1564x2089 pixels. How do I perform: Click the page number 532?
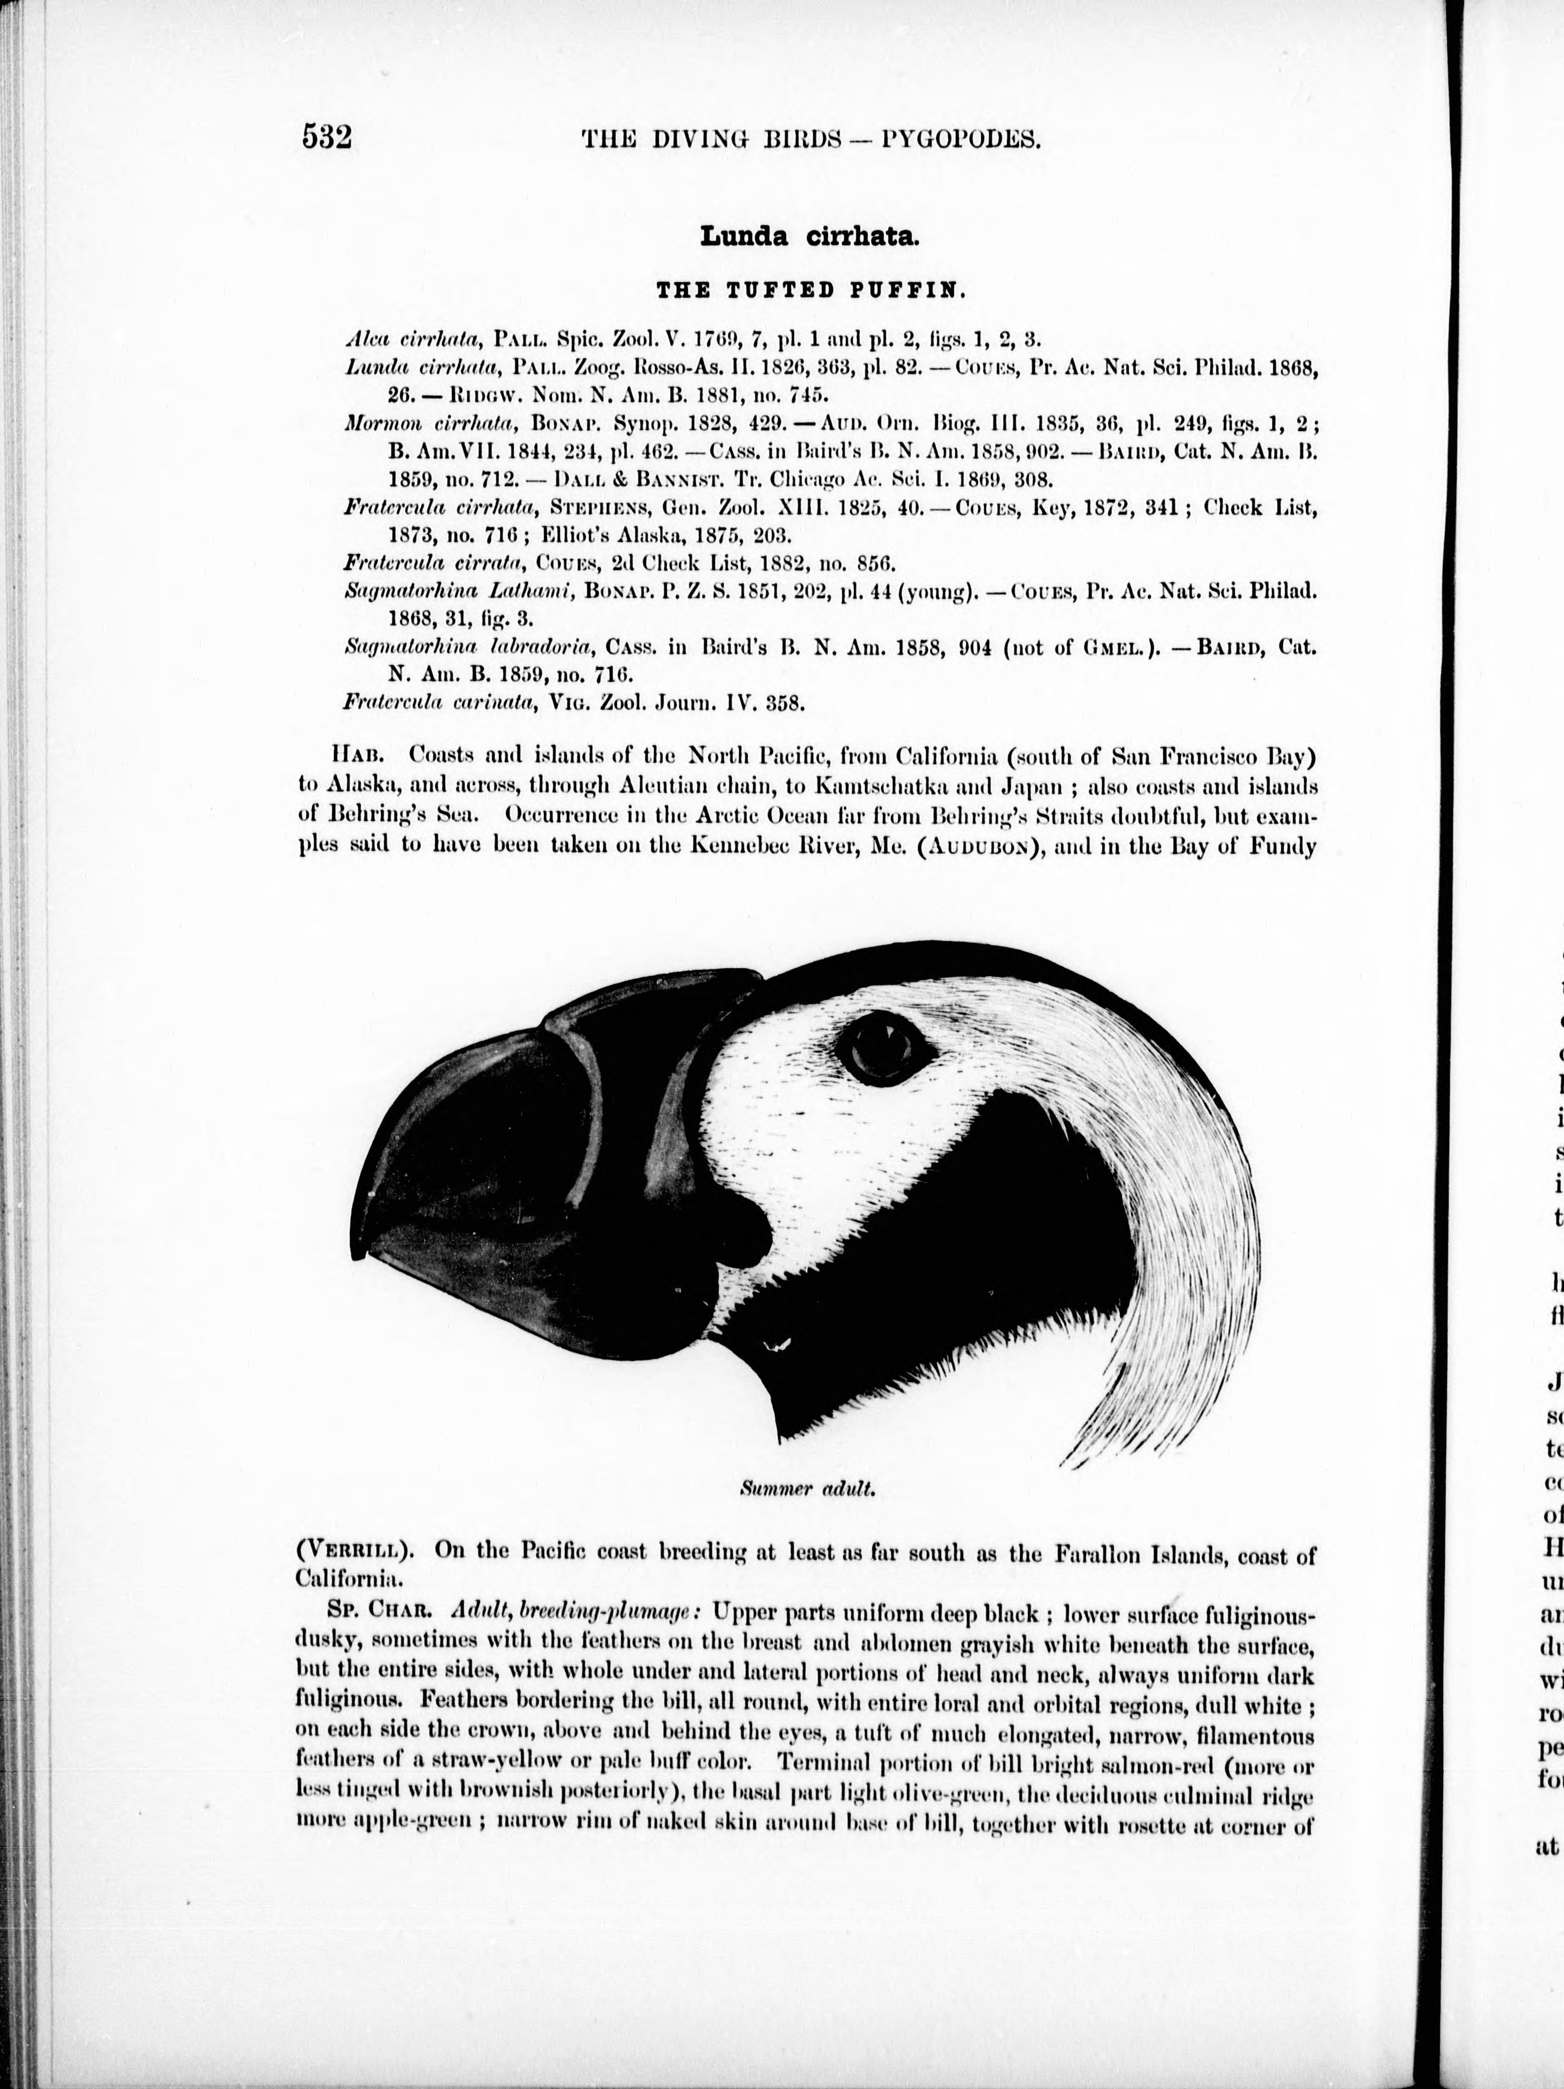pos(327,138)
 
